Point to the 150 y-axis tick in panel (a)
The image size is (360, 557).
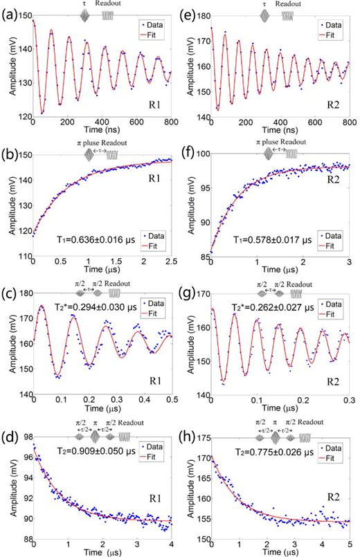[22, 15]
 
